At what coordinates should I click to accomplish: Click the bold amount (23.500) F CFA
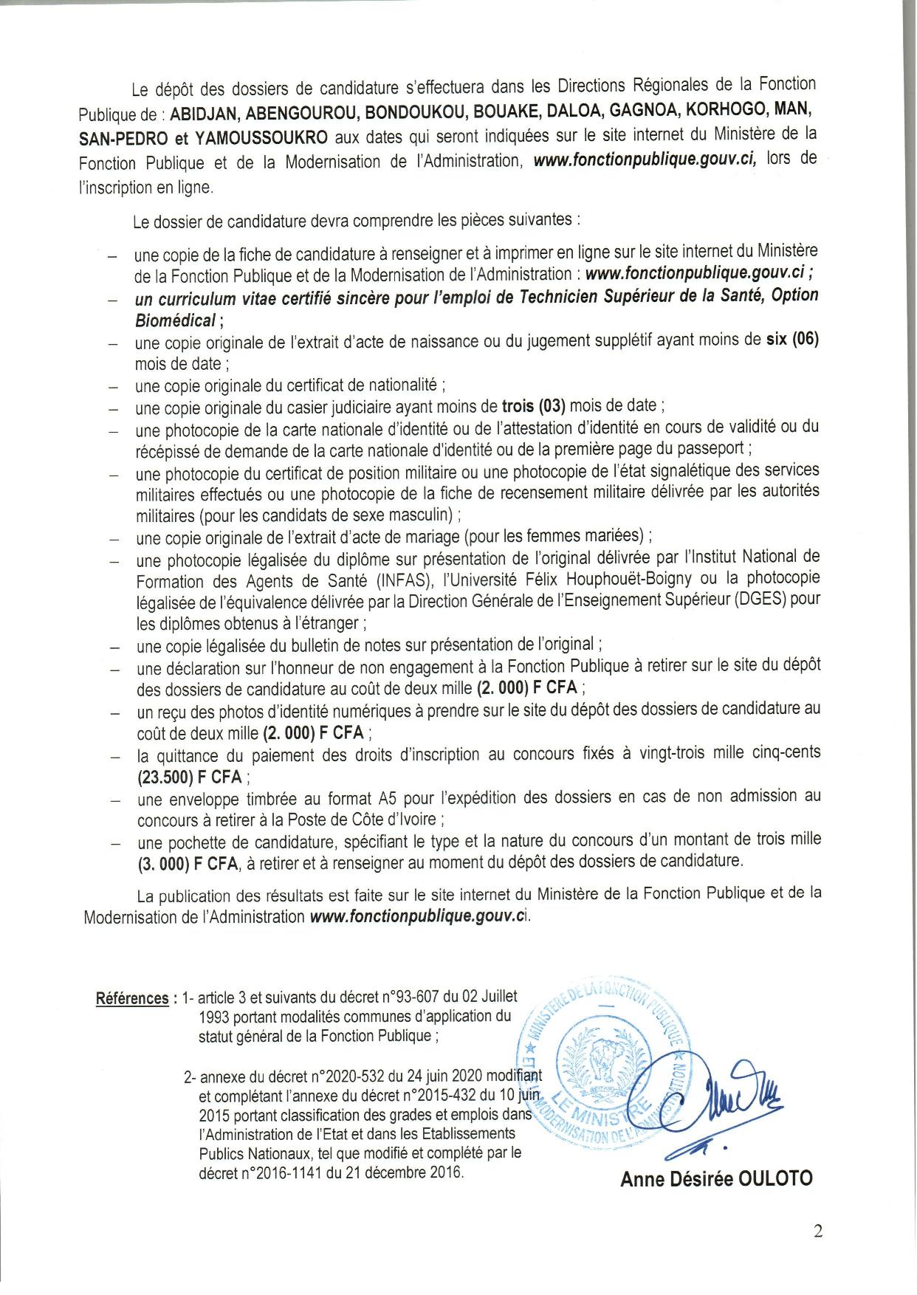pos(190,777)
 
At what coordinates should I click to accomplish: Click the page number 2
pos(817,1231)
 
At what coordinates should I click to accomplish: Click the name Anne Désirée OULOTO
pos(716,1178)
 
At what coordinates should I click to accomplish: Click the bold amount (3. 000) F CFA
pos(188,862)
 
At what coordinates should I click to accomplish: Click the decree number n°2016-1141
pos(264,1172)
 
